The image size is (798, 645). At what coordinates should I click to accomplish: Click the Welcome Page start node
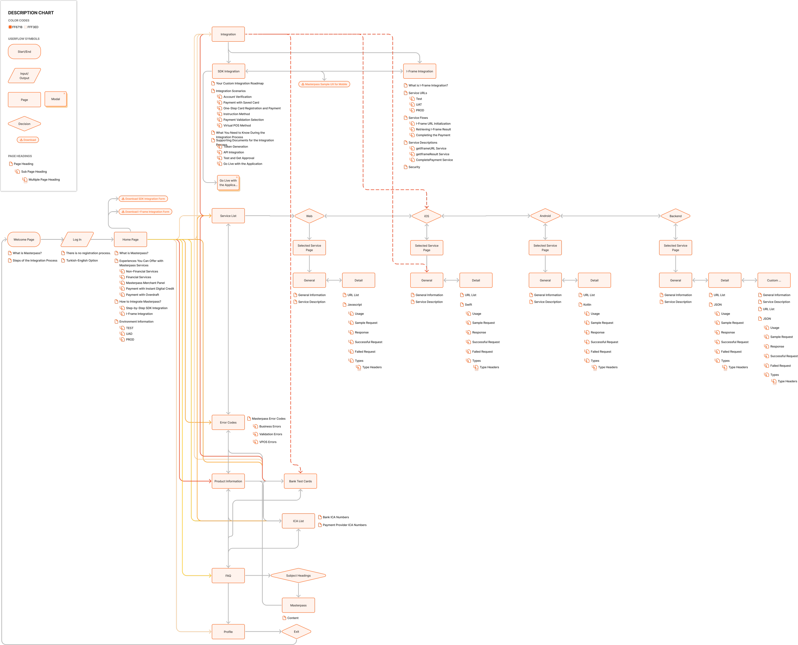pyautogui.click(x=24, y=240)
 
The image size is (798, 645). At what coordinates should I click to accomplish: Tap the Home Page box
pyautogui.click(x=131, y=240)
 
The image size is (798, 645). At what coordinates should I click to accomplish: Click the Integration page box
pyautogui.click(x=228, y=34)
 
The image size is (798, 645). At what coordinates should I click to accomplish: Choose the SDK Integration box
pyautogui.click(x=229, y=71)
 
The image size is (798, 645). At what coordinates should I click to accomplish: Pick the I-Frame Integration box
pyautogui.click(x=420, y=71)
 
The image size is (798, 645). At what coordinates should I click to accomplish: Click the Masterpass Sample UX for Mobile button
pyautogui.click(x=324, y=84)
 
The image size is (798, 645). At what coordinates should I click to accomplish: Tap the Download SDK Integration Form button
pyautogui.click(x=143, y=199)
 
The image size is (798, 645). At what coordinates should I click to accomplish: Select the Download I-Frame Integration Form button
pyautogui.click(x=145, y=212)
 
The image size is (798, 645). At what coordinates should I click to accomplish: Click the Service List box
pyautogui.click(x=228, y=216)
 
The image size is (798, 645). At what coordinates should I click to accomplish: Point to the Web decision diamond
pyautogui.click(x=309, y=216)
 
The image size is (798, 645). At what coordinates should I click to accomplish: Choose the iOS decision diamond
pyautogui.click(x=427, y=216)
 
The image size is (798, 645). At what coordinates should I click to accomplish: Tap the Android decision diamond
pyautogui.click(x=545, y=216)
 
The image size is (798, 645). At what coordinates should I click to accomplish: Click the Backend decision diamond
pyautogui.click(x=676, y=216)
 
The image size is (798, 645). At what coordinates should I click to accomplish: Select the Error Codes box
pyautogui.click(x=228, y=422)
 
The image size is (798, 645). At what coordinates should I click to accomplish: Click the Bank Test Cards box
pyautogui.click(x=300, y=481)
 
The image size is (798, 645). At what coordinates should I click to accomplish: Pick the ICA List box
pyautogui.click(x=298, y=521)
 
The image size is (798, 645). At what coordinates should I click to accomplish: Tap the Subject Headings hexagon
pyautogui.click(x=298, y=575)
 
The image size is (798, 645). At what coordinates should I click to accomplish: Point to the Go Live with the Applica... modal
pyautogui.click(x=228, y=183)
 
